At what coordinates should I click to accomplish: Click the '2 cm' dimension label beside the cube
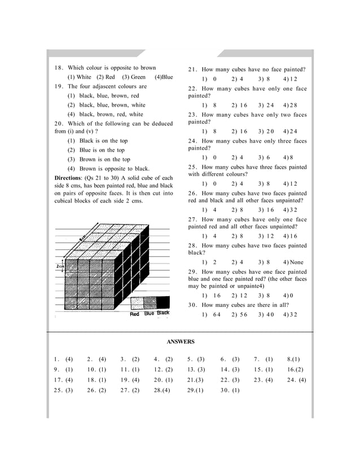point(59,265)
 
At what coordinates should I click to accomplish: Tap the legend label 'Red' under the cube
point(134,314)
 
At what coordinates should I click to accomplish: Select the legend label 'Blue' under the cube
point(149,313)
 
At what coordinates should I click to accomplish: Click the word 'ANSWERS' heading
point(181,341)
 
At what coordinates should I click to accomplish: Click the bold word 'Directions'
point(68,178)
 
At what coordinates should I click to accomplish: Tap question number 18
point(59,68)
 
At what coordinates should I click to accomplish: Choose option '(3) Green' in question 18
point(134,77)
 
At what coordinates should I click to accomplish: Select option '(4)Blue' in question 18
point(164,77)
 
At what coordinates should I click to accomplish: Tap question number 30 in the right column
point(192,305)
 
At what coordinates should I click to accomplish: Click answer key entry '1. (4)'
point(63,359)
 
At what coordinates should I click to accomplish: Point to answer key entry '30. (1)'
point(230,390)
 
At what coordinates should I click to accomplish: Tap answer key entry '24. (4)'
point(296,380)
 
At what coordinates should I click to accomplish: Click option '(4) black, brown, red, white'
point(106,114)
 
